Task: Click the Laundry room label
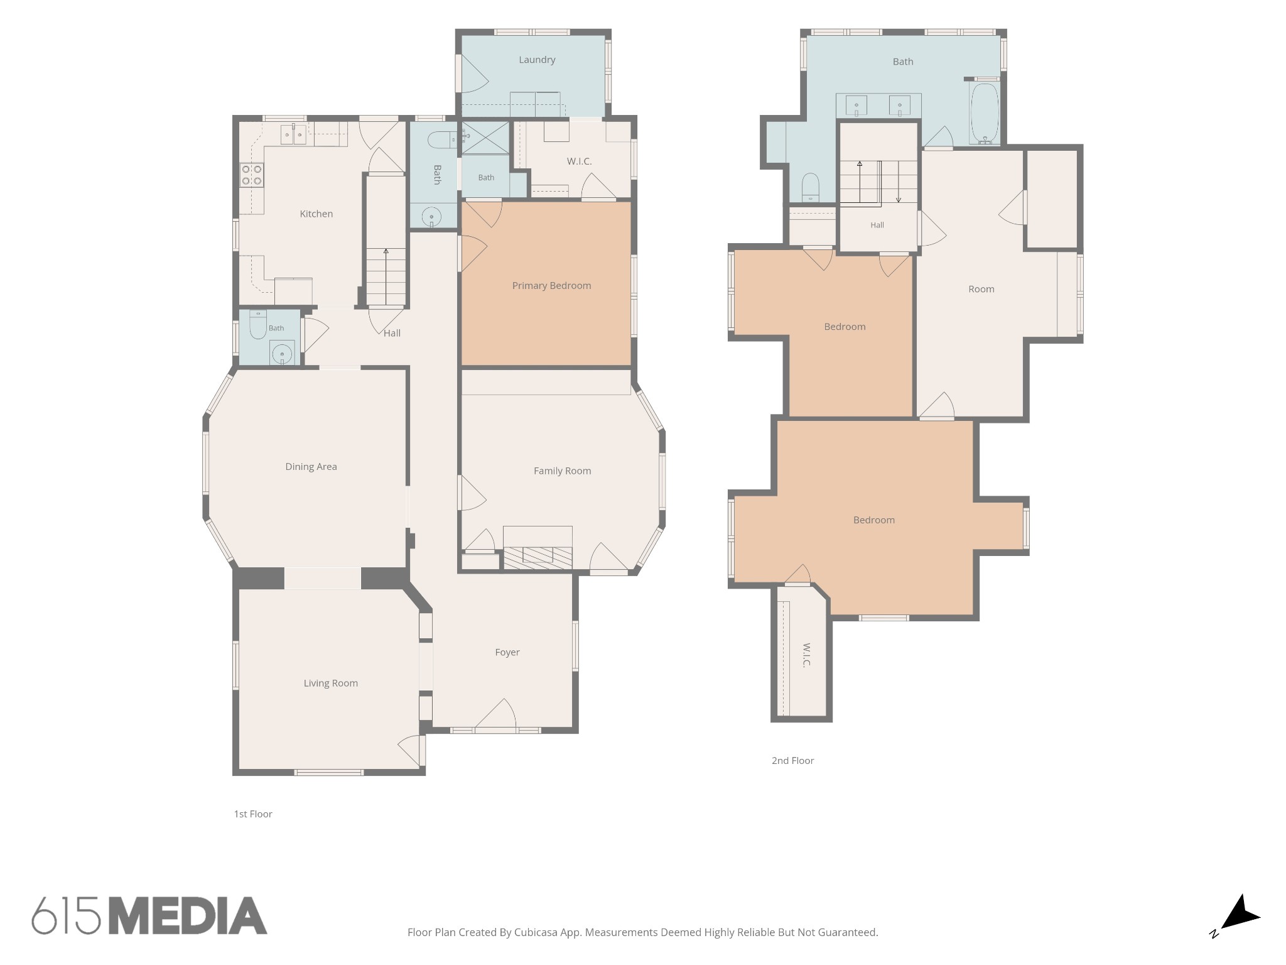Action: [537, 60]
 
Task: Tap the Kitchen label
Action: [316, 214]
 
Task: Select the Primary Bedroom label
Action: [551, 286]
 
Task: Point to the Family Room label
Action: [562, 471]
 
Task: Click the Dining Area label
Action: [311, 467]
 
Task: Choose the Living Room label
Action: [330, 684]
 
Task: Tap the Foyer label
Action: [507, 652]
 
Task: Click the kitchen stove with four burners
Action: [252, 175]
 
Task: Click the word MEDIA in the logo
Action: [188, 916]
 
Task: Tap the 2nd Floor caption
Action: [792, 761]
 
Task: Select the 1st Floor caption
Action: [253, 814]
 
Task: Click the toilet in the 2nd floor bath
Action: [811, 187]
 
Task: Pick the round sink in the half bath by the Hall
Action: [282, 354]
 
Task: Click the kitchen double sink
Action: [293, 134]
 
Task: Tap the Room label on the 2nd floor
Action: [981, 289]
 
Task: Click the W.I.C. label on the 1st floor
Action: [579, 161]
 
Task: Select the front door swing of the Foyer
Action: [495, 714]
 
